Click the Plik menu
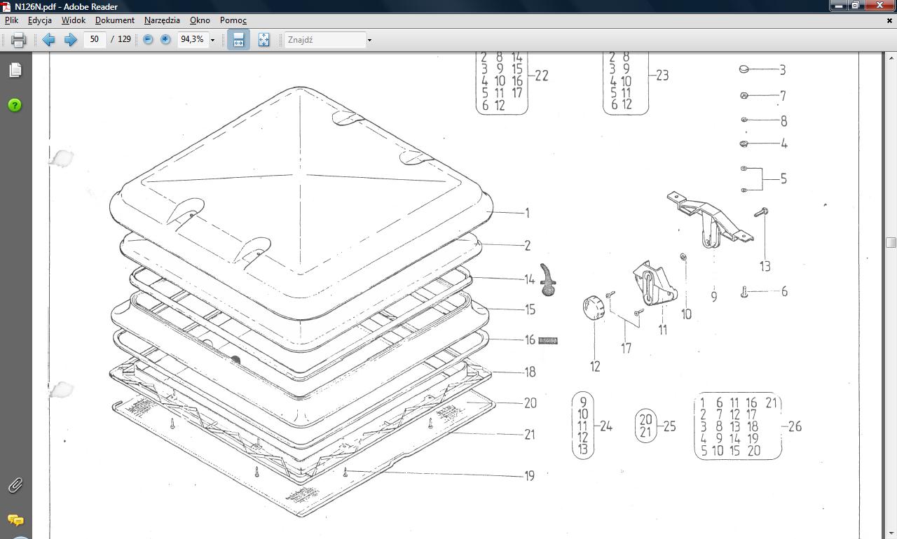pyautogui.click(x=11, y=20)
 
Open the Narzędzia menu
pyautogui.click(x=162, y=20)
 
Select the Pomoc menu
pyautogui.click(x=233, y=20)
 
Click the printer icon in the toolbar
pyautogui.click(x=18, y=40)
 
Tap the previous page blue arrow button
pyautogui.click(x=48, y=40)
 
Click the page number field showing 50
pyautogui.click(x=95, y=40)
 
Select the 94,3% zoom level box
pyautogui.click(x=192, y=40)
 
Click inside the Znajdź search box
pyautogui.click(x=324, y=40)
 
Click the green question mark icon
pyautogui.click(x=15, y=105)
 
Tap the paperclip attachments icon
pyautogui.click(x=15, y=485)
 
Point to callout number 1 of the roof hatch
pyautogui.click(x=527, y=213)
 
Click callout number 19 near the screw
pyautogui.click(x=529, y=476)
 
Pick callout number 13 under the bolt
pyautogui.click(x=765, y=267)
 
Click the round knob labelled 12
pyautogui.click(x=593, y=309)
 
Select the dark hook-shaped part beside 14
pyautogui.click(x=548, y=279)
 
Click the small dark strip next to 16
pyautogui.click(x=548, y=341)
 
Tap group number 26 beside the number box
pyautogui.click(x=795, y=426)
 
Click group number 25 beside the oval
pyautogui.click(x=669, y=426)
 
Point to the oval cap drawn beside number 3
pyautogui.click(x=744, y=69)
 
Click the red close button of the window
pyautogui.click(x=879, y=6)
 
